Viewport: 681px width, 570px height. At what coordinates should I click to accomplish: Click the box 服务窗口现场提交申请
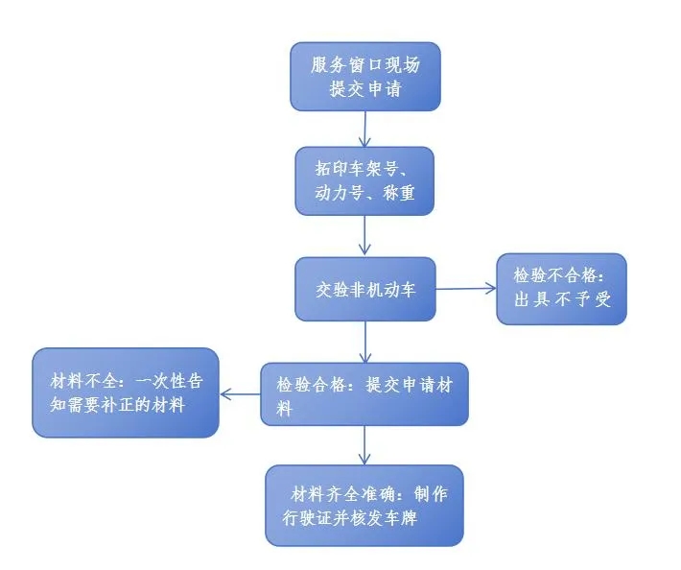[x=364, y=76]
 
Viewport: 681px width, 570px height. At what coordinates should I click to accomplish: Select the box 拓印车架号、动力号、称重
[x=364, y=180]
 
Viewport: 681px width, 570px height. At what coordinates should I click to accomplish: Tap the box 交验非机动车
[x=364, y=288]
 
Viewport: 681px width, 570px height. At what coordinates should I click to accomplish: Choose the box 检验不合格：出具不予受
[x=561, y=288]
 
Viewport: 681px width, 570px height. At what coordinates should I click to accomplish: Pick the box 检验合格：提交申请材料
[x=364, y=394]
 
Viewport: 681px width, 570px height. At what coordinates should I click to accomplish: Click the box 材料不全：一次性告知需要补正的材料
[x=126, y=392]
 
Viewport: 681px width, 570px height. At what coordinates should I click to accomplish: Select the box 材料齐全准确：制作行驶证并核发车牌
[x=364, y=505]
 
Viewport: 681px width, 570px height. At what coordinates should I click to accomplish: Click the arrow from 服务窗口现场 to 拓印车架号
[x=364, y=128]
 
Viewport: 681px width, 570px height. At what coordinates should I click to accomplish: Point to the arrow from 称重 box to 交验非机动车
[x=364, y=235]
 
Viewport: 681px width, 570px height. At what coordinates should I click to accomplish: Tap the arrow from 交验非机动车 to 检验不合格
[x=465, y=288]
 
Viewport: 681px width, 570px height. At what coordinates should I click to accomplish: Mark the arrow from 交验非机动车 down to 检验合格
[x=364, y=341]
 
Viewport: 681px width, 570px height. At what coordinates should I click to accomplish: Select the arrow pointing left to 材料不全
[x=240, y=393]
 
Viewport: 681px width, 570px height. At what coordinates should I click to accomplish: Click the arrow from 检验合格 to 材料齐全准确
[x=364, y=445]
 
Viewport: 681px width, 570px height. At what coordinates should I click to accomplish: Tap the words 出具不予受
[x=561, y=298]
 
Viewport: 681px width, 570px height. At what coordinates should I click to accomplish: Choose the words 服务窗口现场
[x=364, y=64]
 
